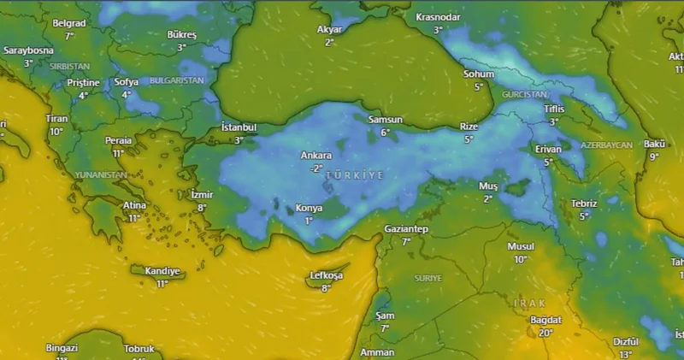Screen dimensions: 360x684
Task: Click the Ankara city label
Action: click(x=316, y=156)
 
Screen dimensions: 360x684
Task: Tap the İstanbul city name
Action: click(x=239, y=127)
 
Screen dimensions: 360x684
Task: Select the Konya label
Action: click(x=309, y=208)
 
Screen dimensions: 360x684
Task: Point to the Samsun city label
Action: click(x=385, y=120)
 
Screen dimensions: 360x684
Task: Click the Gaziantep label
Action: click(x=406, y=229)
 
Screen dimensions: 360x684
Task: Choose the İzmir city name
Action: click(x=202, y=195)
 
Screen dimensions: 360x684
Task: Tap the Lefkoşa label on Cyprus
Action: click(x=325, y=275)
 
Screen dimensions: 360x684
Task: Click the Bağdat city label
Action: click(x=545, y=320)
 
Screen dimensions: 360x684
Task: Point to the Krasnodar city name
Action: click(x=438, y=17)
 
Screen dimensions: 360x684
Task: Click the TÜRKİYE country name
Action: click(x=355, y=174)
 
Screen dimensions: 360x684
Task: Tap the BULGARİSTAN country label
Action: click(x=177, y=80)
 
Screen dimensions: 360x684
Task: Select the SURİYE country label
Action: click(x=427, y=279)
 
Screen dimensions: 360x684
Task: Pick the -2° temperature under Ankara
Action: click(x=316, y=168)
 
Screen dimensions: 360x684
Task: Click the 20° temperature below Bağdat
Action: click(x=545, y=333)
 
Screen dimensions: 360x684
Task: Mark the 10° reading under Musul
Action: click(x=521, y=259)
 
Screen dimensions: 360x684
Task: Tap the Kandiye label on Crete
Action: click(x=162, y=271)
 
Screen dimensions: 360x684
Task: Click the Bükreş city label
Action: click(x=182, y=35)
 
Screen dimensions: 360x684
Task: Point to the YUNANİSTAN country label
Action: click(x=100, y=174)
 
